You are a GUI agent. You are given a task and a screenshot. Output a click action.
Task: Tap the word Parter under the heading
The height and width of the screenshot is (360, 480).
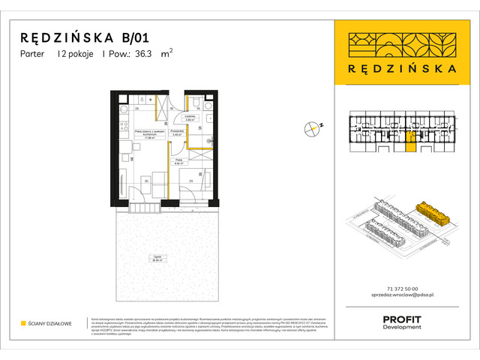(x=33, y=54)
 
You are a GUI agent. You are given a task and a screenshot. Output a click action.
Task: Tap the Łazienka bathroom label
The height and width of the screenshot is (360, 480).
(x=190, y=118)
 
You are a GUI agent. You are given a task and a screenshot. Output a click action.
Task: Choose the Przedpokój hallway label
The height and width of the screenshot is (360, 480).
(x=177, y=134)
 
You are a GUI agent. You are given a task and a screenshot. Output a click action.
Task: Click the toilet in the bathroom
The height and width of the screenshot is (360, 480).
(x=194, y=102)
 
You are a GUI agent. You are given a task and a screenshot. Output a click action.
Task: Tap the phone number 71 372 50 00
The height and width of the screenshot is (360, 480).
(x=406, y=289)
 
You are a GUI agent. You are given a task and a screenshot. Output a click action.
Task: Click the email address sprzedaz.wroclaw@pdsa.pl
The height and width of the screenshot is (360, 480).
(x=406, y=298)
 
